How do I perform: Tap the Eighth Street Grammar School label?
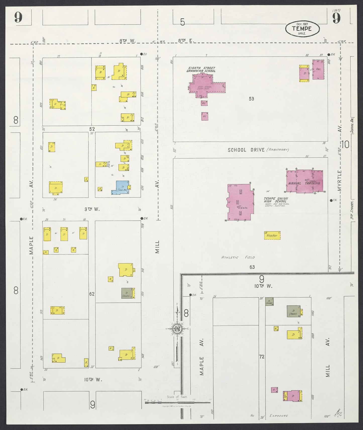coord(201,69)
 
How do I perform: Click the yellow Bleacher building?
coord(272,236)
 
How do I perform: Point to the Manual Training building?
coord(304,181)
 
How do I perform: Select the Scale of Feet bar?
coord(178,402)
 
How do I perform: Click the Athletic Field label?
coord(238,257)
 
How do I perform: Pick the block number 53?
coord(251,99)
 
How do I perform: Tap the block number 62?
coord(92,294)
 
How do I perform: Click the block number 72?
coord(262,357)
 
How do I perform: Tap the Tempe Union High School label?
coord(276,200)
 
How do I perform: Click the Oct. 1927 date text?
coord(302,24)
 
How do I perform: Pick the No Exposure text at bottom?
coord(269,416)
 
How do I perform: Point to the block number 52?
coord(92,129)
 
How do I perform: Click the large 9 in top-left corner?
coord(18,18)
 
